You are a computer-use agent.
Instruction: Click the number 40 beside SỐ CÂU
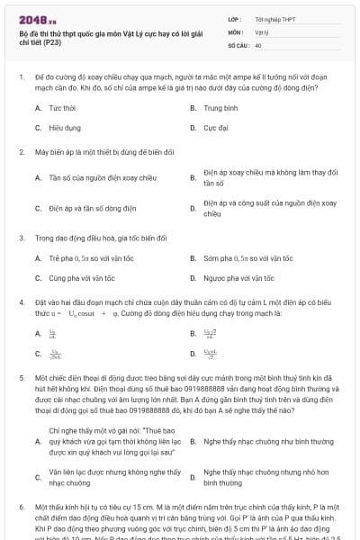click(x=258, y=44)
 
